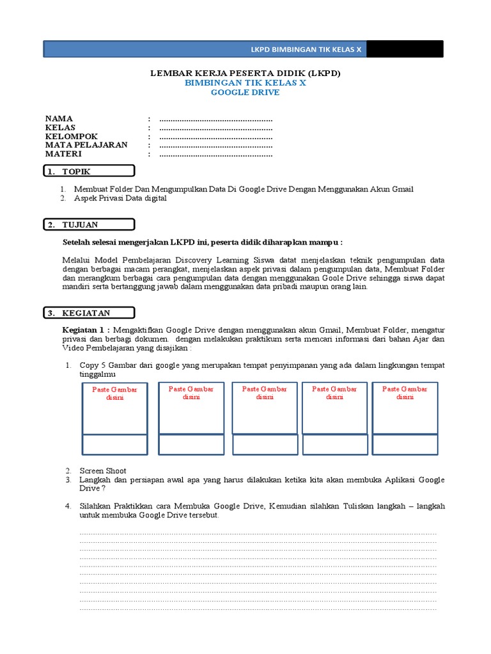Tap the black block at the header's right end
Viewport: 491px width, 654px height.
point(405,49)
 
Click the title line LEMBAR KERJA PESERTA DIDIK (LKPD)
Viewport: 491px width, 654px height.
point(245,73)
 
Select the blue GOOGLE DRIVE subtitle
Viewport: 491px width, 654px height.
point(245,93)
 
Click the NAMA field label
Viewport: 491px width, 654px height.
point(59,119)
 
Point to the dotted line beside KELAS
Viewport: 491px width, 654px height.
point(216,128)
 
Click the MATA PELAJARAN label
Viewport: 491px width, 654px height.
point(86,145)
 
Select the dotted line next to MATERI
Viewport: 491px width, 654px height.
point(216,155)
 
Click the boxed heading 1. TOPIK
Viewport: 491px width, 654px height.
point(89,171)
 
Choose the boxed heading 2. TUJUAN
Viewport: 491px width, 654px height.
point(89,224)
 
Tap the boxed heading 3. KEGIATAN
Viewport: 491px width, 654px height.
point(89,313)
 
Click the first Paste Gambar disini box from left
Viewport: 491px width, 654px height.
point(115,409)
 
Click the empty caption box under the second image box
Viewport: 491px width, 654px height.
point(191,444)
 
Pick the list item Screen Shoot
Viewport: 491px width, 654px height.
point(103,471)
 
